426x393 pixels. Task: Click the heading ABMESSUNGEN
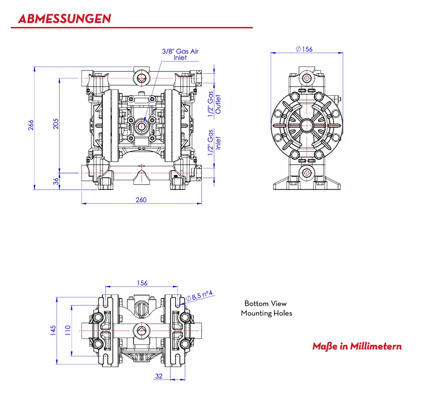click(65, 19)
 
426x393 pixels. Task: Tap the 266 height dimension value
click(31, 125)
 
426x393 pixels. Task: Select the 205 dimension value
click(56, 124)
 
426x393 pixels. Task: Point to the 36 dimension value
click(56, 182)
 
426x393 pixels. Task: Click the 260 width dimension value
click(141, 200)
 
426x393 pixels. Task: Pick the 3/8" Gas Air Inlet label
click(180, 55)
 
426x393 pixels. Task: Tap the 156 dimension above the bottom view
click(142, 283)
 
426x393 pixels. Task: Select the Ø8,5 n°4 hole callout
click(199, 296)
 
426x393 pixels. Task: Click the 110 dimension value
click(68, 330)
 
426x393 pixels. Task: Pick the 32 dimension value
click(159, 376)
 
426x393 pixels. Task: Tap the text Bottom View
click(265, 303)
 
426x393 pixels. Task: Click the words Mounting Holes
click(266, 313)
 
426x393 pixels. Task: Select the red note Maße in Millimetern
click(357, 346)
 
